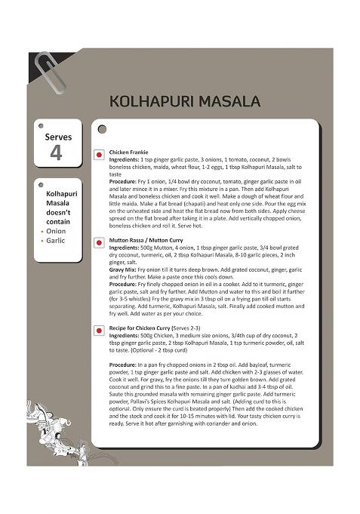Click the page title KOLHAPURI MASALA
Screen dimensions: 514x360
(185, 101)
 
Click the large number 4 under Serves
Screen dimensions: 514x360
(56, 152)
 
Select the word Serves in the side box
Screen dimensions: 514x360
(58, 137)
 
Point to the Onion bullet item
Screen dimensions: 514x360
(57, 231)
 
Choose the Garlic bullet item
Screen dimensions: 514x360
(57, 240)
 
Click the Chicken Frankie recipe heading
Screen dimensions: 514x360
(128, 152)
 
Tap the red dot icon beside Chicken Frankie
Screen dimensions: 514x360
(99, 155)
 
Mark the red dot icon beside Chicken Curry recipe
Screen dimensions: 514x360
(99, 331)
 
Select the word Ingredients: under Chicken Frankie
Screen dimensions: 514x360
(124, 160)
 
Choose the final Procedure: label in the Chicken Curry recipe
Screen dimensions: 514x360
(124, 365)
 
